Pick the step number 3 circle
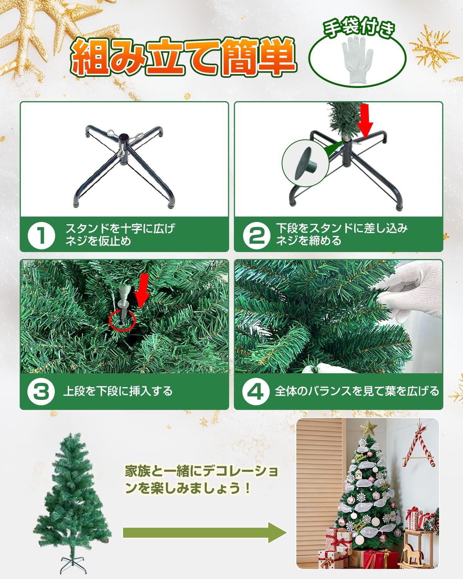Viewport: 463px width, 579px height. (41, 391)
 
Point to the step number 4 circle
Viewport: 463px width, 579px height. (255, 391)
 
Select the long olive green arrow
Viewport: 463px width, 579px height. (204, 533)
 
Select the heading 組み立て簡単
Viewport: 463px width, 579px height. (183, 57)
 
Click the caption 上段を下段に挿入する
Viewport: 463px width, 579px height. (118, 391)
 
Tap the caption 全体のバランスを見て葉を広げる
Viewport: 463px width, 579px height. (357, 391)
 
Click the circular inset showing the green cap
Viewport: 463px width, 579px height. (305, 163)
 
